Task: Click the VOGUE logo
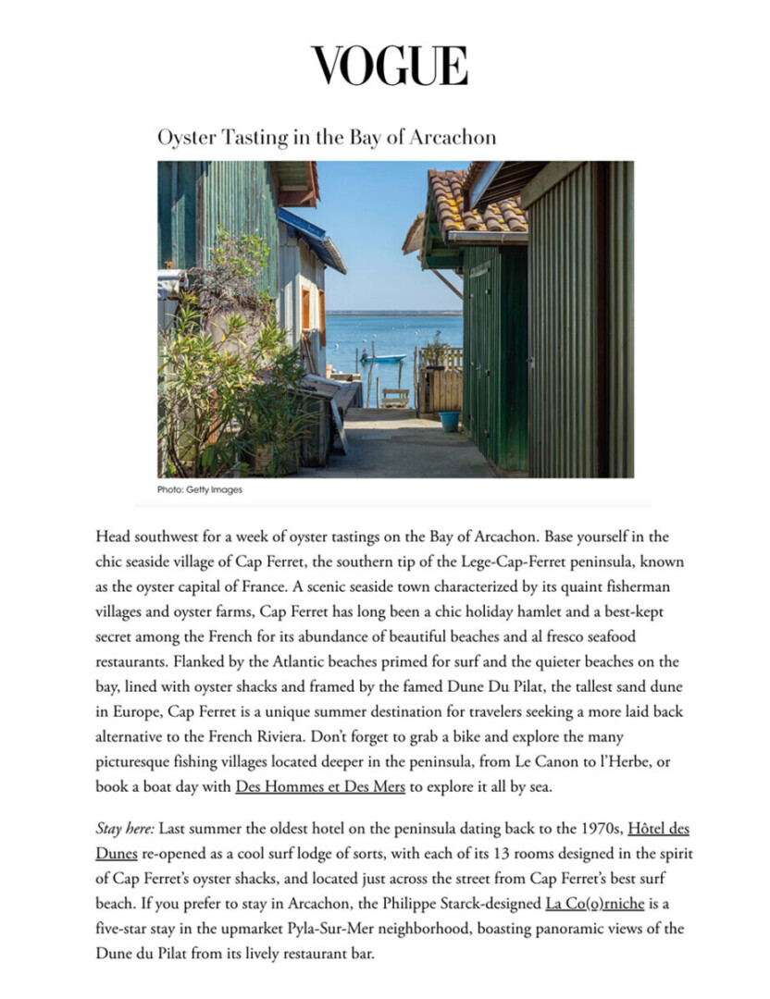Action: (389, 66)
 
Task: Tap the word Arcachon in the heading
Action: (456, 137)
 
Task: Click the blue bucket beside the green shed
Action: (450, 421)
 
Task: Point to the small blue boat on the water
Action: (383, 357)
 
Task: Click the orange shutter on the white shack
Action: (305, 309)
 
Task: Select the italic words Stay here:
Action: (125, 829)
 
